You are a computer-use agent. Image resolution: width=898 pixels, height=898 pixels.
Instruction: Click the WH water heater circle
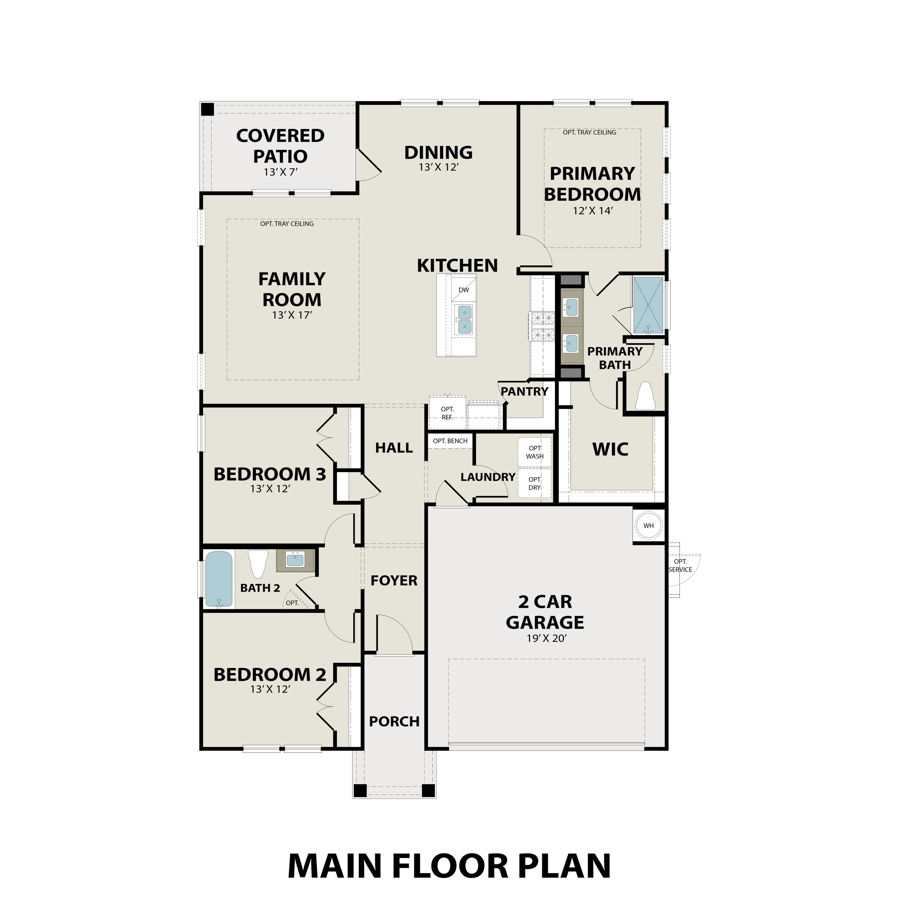point(648,526)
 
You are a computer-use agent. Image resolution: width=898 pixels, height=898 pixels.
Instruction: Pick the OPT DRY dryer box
point(535,483)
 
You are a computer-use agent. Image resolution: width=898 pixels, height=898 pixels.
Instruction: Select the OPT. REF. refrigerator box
point(447,413)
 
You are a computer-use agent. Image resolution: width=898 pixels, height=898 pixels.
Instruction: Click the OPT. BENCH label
point(450,441)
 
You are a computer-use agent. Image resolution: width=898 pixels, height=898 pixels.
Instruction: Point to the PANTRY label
point(524,391)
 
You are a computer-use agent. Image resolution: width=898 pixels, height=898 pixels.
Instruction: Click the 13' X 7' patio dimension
point(280,172)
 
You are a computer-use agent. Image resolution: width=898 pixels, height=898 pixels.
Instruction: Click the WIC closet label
point(610,449)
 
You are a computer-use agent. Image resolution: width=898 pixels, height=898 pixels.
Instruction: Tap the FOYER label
point(394,580)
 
